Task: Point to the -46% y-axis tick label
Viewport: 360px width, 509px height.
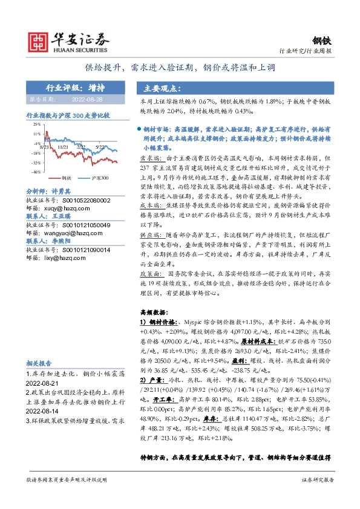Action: tap(36, 172)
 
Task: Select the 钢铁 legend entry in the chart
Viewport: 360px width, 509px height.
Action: tap(67, 179)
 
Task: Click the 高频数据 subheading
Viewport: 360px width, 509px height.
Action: tap(152, 314)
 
